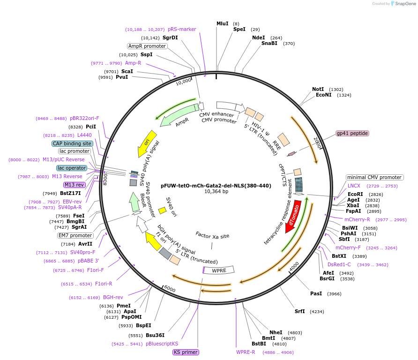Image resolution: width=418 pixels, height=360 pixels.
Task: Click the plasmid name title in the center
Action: [x=216, y=186]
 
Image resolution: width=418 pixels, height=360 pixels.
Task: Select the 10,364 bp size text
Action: [x=216, y=192]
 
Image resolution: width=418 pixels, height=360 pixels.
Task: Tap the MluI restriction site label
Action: [x=222, y=23]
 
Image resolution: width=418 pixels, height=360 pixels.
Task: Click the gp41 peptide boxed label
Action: [x=352, y=133]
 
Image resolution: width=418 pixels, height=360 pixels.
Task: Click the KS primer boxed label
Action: [x=186, y=352]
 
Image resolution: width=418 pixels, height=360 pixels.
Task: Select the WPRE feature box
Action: [x=218, y=271]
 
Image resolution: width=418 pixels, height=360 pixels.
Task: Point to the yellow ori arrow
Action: [x=146, y=143]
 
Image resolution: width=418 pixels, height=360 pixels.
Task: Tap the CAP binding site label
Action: [x=72, y=143]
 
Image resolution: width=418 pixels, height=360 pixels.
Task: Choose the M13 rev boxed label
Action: [x=74, y=185]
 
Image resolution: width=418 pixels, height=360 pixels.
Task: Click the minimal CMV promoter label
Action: [x=374, y=177]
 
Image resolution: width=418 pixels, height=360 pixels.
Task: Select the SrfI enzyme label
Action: [x=299, y=311]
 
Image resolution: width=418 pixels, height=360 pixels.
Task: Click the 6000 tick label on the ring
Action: [x=170, y=289]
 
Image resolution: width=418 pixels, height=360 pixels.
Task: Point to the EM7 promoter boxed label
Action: [x=75, y=235]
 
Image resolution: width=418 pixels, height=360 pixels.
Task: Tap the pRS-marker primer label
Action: [x=182, y=29]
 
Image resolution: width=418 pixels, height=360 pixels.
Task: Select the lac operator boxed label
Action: [x=72, y=168]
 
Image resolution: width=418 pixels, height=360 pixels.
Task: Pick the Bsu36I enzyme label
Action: [x=155, y=335]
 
